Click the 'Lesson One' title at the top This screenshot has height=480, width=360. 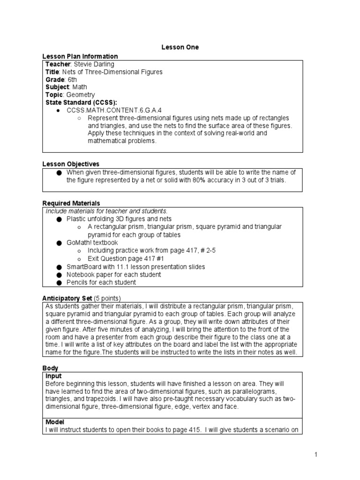(x=180, y=47)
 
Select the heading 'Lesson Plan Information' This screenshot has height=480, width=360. (x=80, y=56)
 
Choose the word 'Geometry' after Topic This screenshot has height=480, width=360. (x=81, y=95)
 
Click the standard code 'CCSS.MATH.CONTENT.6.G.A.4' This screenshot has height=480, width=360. (x=109, y=110)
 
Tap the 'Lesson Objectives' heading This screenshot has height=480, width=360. (x=71, y=164)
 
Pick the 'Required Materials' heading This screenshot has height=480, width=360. (x=71, y=203)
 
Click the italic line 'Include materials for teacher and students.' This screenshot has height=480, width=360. (x=106, y=211)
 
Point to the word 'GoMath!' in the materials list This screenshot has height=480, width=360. (x=79, y=243)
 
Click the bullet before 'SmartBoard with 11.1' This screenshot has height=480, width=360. (x=59, y=267)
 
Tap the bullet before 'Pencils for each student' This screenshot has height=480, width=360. (x=59, y=283)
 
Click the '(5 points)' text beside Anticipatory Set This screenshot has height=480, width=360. (x=107, y=298)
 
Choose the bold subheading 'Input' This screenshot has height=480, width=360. (x=53, y=376)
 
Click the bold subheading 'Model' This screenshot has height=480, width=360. (x=55, y=422)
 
